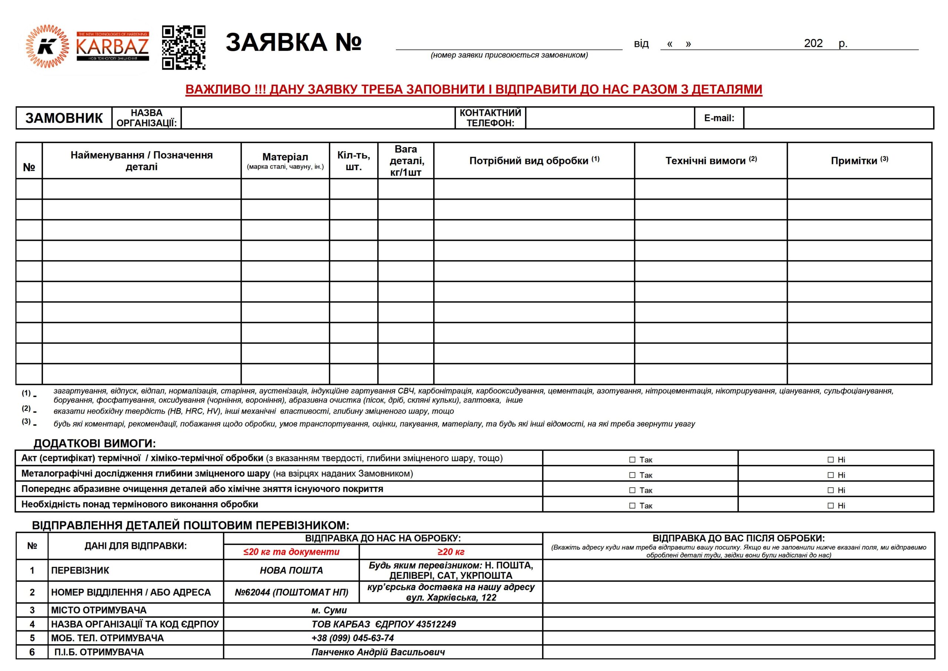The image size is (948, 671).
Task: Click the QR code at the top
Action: pos(183,47)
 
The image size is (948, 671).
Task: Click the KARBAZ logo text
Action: pos(112,46)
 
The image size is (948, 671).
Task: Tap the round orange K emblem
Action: pos(47,47)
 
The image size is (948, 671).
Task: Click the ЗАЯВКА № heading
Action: pos(293,42)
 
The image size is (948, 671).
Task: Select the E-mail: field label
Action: pos(719,118)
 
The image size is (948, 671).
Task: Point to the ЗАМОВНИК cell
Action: pos(64,118)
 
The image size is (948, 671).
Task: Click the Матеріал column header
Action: pos(285,160)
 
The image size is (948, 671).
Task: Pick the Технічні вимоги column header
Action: pos(711,161)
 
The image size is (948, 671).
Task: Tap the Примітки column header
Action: pos(859,161)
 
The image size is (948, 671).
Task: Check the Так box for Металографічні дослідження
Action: pos(632,475)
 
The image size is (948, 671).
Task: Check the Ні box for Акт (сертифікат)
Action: pos(831,460)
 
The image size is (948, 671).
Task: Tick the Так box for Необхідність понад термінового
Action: pos(632,506)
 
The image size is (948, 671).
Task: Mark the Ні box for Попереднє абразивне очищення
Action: pos(831,491)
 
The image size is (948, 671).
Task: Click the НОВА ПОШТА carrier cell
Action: pos(291,571)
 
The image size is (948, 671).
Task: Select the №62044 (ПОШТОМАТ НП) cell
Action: pos(291,592)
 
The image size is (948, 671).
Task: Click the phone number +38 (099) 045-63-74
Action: pos(353,638)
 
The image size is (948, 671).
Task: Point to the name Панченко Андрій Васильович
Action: pos(378,652)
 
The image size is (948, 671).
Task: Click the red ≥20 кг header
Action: pos(451,552)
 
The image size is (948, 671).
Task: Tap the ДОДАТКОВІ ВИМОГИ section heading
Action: pos(94,444)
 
